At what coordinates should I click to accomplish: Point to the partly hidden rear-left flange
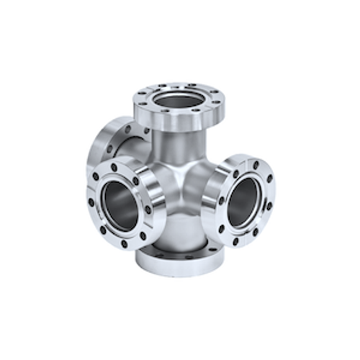click(x=101, y=144)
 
